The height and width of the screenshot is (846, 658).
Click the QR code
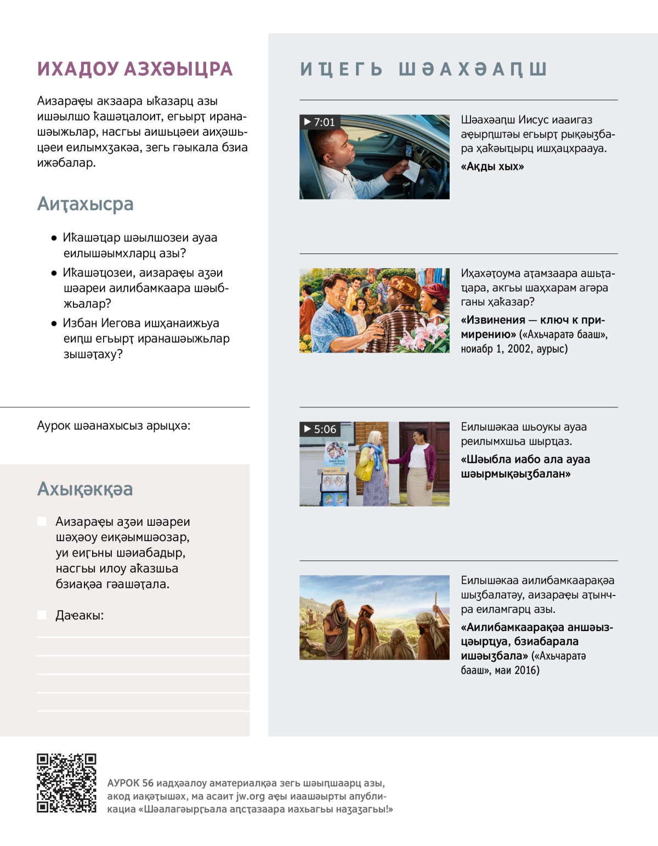[66, 782]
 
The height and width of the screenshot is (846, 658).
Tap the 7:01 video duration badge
[320, 122]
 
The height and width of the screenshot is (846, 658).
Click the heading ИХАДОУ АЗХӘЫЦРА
[135, 69]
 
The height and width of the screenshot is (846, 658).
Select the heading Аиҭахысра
[85, 204]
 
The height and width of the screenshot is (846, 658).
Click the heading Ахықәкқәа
[85, 489]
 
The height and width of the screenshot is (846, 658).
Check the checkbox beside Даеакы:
[42, 615]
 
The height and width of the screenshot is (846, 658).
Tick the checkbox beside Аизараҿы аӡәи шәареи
[42, 521]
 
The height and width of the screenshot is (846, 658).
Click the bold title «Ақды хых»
[492, 167]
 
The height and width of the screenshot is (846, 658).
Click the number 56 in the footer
[148, 783]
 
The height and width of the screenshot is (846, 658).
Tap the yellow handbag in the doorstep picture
[364, 470]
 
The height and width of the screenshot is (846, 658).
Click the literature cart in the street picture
[334, 475]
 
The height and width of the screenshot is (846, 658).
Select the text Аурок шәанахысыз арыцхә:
[114, 426]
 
